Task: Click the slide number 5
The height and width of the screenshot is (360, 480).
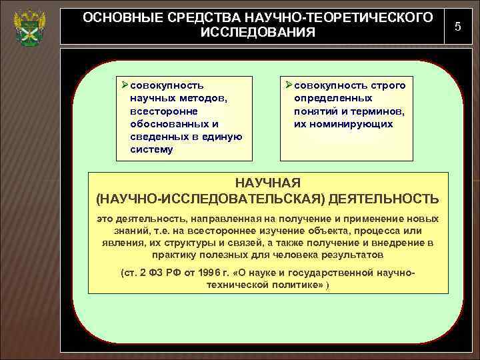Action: click(x=457, y=25)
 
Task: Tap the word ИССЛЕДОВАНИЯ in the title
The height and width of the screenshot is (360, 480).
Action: click(x=257, y=33)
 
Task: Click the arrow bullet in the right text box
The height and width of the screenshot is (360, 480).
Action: click(x=288, y=86)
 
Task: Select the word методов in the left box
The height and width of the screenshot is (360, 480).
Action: click(x=203, y=99)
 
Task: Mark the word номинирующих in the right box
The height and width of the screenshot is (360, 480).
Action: click(x=355, y=124)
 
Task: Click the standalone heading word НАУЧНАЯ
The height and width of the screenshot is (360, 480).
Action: click(x=268, y=183)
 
